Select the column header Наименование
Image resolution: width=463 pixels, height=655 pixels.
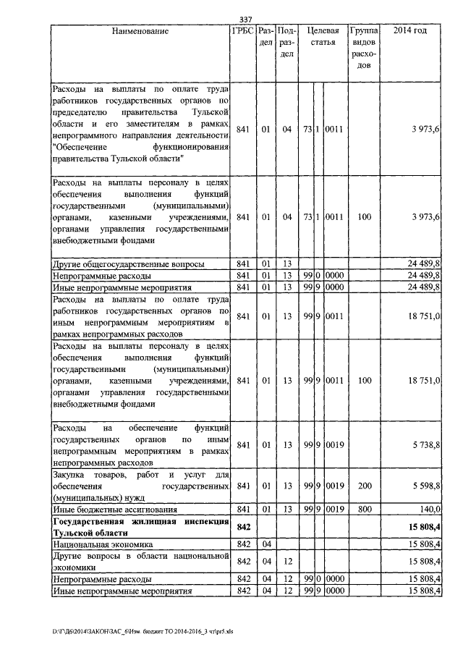(140, 31)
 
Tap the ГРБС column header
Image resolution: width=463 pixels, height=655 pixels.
(242, 31)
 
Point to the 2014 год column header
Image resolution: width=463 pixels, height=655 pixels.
(409, 31)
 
